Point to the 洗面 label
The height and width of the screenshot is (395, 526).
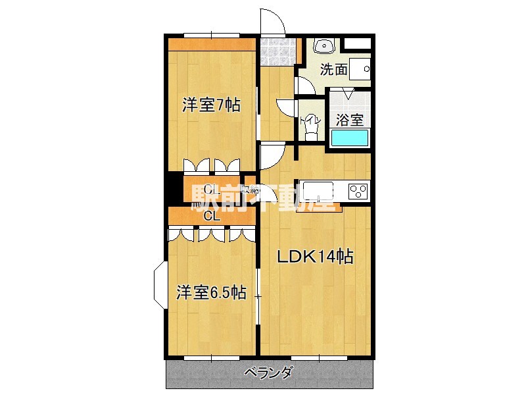[x=333, y=69]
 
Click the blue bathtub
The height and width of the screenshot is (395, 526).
[x=350, y=138]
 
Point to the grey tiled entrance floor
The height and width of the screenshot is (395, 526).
[x=276, y=51]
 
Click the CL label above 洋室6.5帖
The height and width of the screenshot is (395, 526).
[x=210, y=216]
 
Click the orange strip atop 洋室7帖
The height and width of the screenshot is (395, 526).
[x=210, y=45]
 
